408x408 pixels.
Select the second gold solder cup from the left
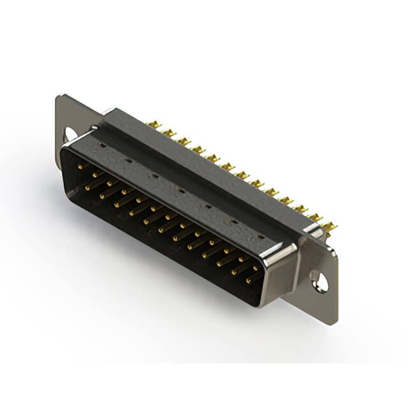click(x=168, y=133)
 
